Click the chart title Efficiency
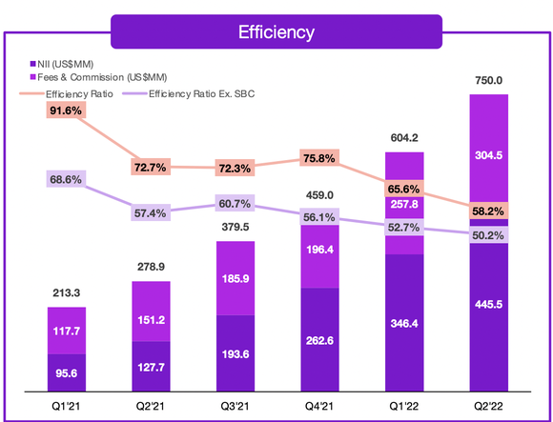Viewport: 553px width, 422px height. (276, 31)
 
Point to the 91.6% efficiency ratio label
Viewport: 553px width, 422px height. (66, 111)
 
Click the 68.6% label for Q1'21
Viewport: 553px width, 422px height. (66, 179)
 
